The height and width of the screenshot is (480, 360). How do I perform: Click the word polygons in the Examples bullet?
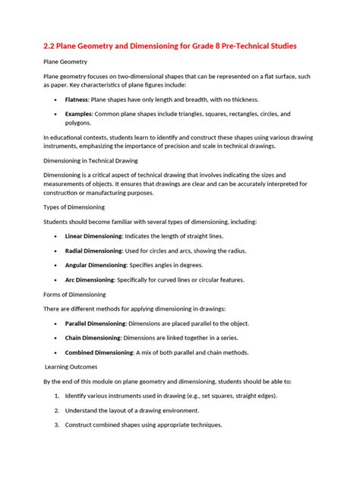pos(78,122)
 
